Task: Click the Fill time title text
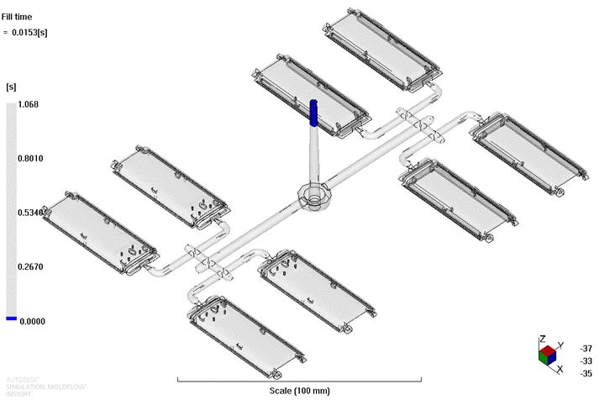click(18, 16)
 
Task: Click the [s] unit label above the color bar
click(12, 87)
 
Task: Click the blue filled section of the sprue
click(313, 113)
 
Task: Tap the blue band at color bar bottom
click(10, 318)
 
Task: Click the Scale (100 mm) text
click(300, 391)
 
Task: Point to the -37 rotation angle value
click(585, 347)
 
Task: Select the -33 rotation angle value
click(585, 361)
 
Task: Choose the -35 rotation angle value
click(585, 374)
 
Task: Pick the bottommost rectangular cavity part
click(244, 328)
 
